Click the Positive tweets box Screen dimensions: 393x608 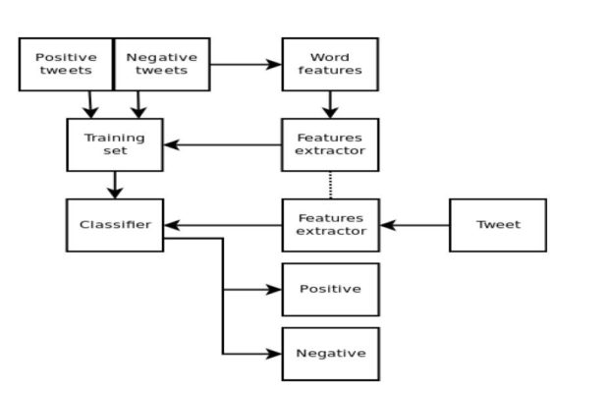pyautogui.click(x=66, y=65)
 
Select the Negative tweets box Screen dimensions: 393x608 pyautogui.click(x=162, y=65)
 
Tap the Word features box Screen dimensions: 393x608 pyautogui.click(x=330, y=65)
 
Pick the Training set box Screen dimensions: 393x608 pyautogui.click(x=115, y=145)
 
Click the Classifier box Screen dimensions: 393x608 pyautogui.click(x=115, y=225)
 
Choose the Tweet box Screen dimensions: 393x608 pyautogui.click(x=498, y=225)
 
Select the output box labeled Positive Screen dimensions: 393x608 pyautogui.click(x=330, y=290)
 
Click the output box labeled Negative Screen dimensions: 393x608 pyautogui.click(x=330, y=354)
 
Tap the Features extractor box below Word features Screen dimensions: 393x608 pyautogui.click(x=330, y=145)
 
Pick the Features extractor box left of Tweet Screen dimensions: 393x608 pyautogui.click(x=330, y=225)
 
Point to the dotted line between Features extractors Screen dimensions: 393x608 pyautogui.click(x=330, y=185)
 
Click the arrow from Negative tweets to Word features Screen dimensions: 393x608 pyautogui.click(x=246, y=65)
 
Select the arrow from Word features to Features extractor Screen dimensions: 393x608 pyautogui.click(x=330, y=104)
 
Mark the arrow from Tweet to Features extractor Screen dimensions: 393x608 pyautogui.click(x=415, y=225)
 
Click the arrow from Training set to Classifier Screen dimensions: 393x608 pyautogui.click(x=115, y=185)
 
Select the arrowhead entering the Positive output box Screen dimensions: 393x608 pyautogui.click(x=274, y=290)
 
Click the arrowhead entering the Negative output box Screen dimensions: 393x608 pyautogui.click(x=274, y=354)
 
